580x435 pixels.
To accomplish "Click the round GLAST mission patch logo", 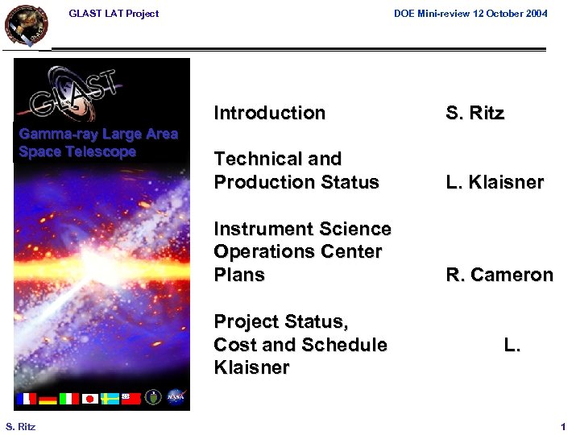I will (26, 25).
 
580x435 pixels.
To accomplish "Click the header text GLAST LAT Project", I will (114, 14).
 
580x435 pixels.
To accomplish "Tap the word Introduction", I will (269, 113).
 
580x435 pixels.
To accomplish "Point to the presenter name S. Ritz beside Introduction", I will (474, 113).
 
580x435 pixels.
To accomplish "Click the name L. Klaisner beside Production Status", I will (495, 183).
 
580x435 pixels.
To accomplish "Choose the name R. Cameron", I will (499, 275).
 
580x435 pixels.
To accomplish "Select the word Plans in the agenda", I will (239, 275).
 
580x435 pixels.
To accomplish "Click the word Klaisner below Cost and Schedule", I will (251, 367).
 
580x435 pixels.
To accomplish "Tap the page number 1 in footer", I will (563, 426).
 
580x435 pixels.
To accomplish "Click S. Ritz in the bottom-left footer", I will (20, 426).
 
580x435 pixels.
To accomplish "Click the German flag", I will (48, 398).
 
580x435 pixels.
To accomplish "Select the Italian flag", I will (68, 398).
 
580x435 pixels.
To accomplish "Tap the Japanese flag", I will (89, 398).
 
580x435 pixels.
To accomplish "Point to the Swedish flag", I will (110, 398).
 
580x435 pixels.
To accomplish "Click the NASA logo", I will (176, 397).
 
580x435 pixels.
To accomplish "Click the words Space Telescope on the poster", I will (77, 151).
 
